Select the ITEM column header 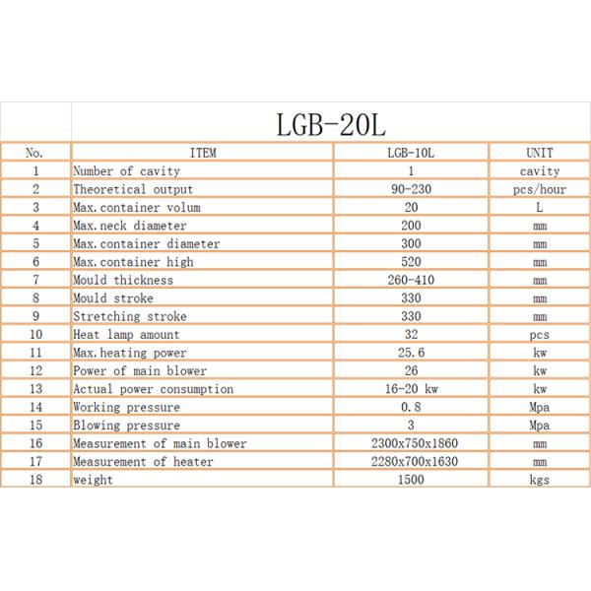(x=202, y=153)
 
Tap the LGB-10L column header (x=411, y=153)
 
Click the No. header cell (x=34, y=153)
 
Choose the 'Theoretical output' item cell (x=133, y=189)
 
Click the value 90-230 (x=411, y=189)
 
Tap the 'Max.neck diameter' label (x=129, y=226)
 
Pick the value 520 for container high (x=411, y=262)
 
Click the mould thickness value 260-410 (x=411, y=280)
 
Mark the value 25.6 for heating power (x=411, y=353)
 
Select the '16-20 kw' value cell (x=411, y=389)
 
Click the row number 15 (x=34, y=426)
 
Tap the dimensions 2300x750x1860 (x=411, y=443)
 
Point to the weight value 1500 (x=411, y=480)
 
